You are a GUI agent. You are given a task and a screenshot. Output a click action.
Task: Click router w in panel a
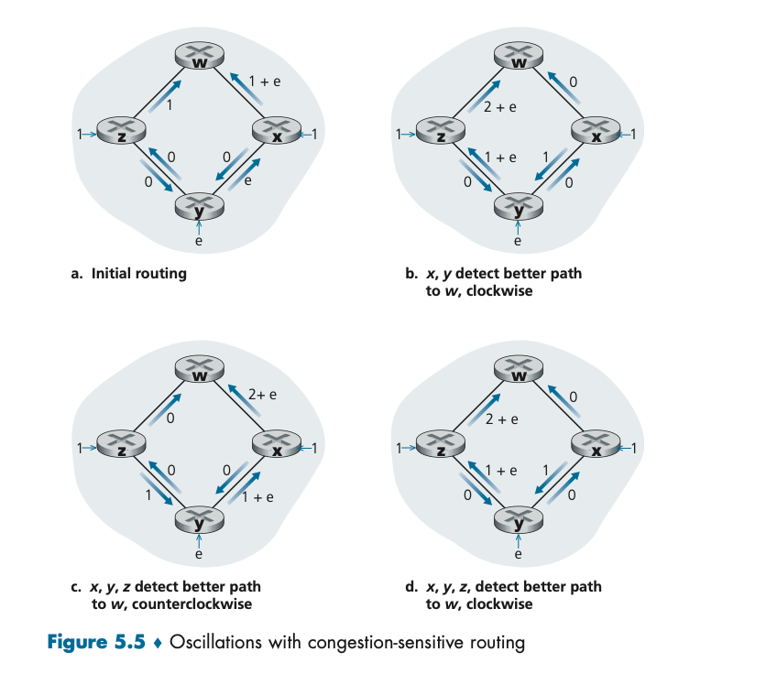(x=199, y=57)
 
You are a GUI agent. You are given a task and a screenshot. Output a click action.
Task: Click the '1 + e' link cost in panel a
(x=264, y=82)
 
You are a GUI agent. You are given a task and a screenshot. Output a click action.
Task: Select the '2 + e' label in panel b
(x=500, y=107)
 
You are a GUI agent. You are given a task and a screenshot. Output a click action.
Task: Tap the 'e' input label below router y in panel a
(x=199, y=242)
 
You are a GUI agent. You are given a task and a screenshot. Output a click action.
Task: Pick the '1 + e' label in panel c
(x=258, y=497)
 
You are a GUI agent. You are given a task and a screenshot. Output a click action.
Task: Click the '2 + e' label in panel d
(x=502, y=420)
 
